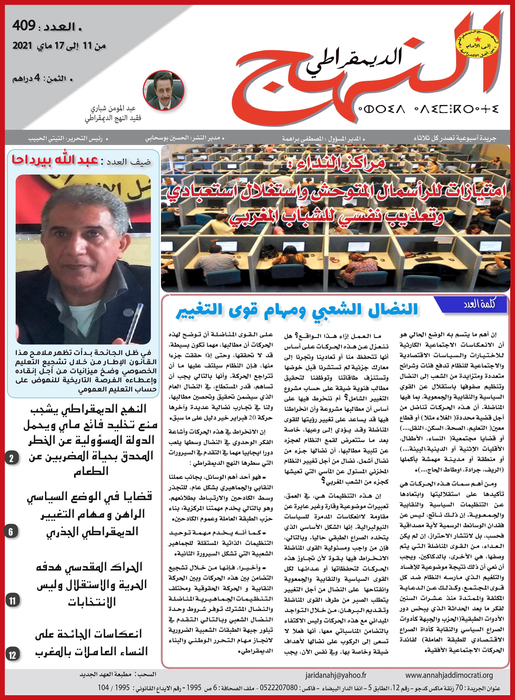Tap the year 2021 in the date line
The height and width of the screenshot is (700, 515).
tap(22, 46)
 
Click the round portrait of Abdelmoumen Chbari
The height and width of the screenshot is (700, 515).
tap(163, 91)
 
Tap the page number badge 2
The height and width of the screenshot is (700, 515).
tap(12, 458)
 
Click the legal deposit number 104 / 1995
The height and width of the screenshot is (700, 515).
tap(114, 688)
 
